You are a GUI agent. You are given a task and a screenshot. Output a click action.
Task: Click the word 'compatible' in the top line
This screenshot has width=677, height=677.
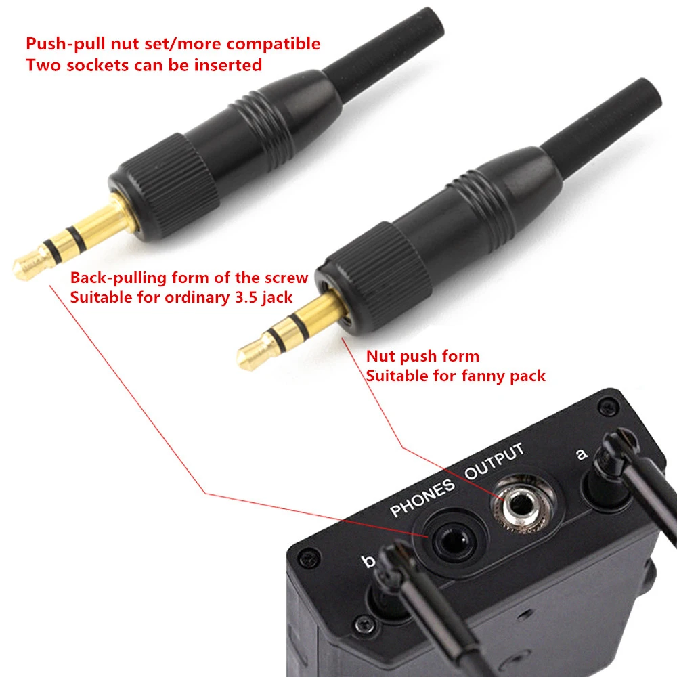pyautogui.click(x=276, y=45)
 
